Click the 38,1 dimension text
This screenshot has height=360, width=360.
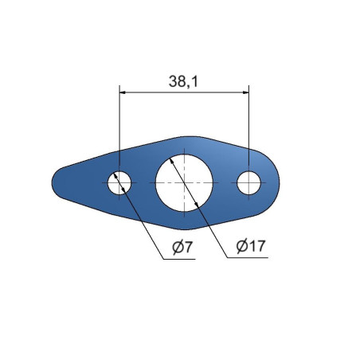(x=183, y=81)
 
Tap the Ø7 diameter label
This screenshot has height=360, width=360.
(x=182, y=247)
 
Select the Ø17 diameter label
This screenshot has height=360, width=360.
(x=251, y=246)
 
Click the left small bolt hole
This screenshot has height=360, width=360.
(x=119, y=182)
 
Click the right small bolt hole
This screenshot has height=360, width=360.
(x=248, y=182)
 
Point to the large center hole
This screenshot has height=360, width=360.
(x=184, y=183)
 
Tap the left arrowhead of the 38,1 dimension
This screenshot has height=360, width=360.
(x=123, y=92)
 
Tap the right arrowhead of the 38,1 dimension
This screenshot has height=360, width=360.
(x=246, y=92)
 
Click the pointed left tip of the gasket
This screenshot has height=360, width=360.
(x=52, y=182)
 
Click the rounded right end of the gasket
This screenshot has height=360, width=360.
(x=279, y=182)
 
